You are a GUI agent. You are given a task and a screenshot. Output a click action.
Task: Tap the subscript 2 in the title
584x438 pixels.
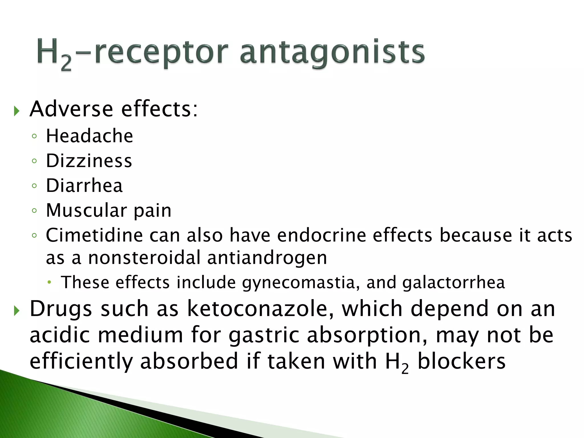pos(66,64)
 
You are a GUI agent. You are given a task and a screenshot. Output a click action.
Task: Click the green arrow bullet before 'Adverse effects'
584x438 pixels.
pos(17,111)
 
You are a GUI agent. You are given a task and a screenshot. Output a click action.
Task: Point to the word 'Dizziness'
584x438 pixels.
pos(89,161)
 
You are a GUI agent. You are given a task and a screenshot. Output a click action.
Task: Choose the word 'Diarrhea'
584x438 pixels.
pos(84,186)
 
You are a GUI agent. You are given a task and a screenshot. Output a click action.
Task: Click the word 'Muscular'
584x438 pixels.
pos(86,210)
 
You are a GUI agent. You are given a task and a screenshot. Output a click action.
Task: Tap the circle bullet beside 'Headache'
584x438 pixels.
pos(35,136)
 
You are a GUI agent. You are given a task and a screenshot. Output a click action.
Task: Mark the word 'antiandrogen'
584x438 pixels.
pos(267,258)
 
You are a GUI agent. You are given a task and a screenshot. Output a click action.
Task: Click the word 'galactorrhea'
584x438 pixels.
pos(453,283)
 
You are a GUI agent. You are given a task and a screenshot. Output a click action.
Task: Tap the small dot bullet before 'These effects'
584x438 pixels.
pos(50,282)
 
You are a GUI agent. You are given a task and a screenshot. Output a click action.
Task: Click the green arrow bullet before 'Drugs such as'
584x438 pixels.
pos(17,311)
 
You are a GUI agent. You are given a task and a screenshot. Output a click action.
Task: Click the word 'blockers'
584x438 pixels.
pos(461,361)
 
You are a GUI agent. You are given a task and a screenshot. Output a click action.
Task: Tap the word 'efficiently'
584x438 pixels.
pos(81,361)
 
